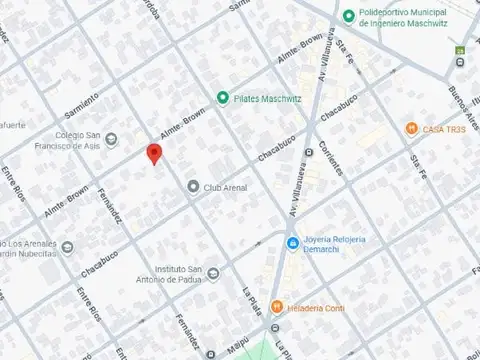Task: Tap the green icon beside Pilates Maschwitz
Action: tap(224, 97)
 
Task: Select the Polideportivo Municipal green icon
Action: tap(348, 15)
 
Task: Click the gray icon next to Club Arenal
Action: tap(193, 185)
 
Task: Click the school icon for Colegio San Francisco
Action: tap(111, 139)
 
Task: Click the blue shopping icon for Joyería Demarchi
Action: tap(291, 242)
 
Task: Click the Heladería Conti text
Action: tap(315, 307)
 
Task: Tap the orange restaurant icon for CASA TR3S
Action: tap(411, 128)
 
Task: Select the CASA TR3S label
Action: tap(443, 128)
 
